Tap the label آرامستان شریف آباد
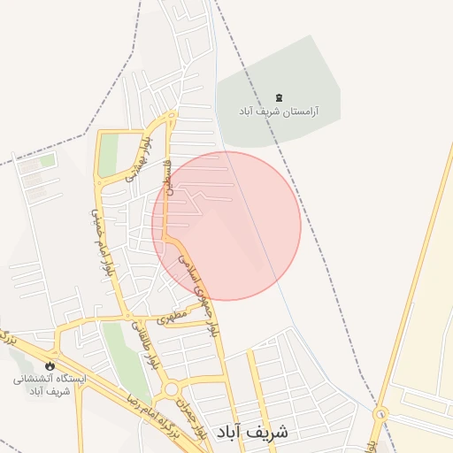click(279, 112)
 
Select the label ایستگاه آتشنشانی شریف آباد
click(50, 384)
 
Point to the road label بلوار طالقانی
click(144, 349)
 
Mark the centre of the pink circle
click(226, 226)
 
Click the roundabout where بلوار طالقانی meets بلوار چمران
click(167, 390)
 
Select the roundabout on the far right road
click(380, 413)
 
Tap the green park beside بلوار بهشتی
click(108, 156)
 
